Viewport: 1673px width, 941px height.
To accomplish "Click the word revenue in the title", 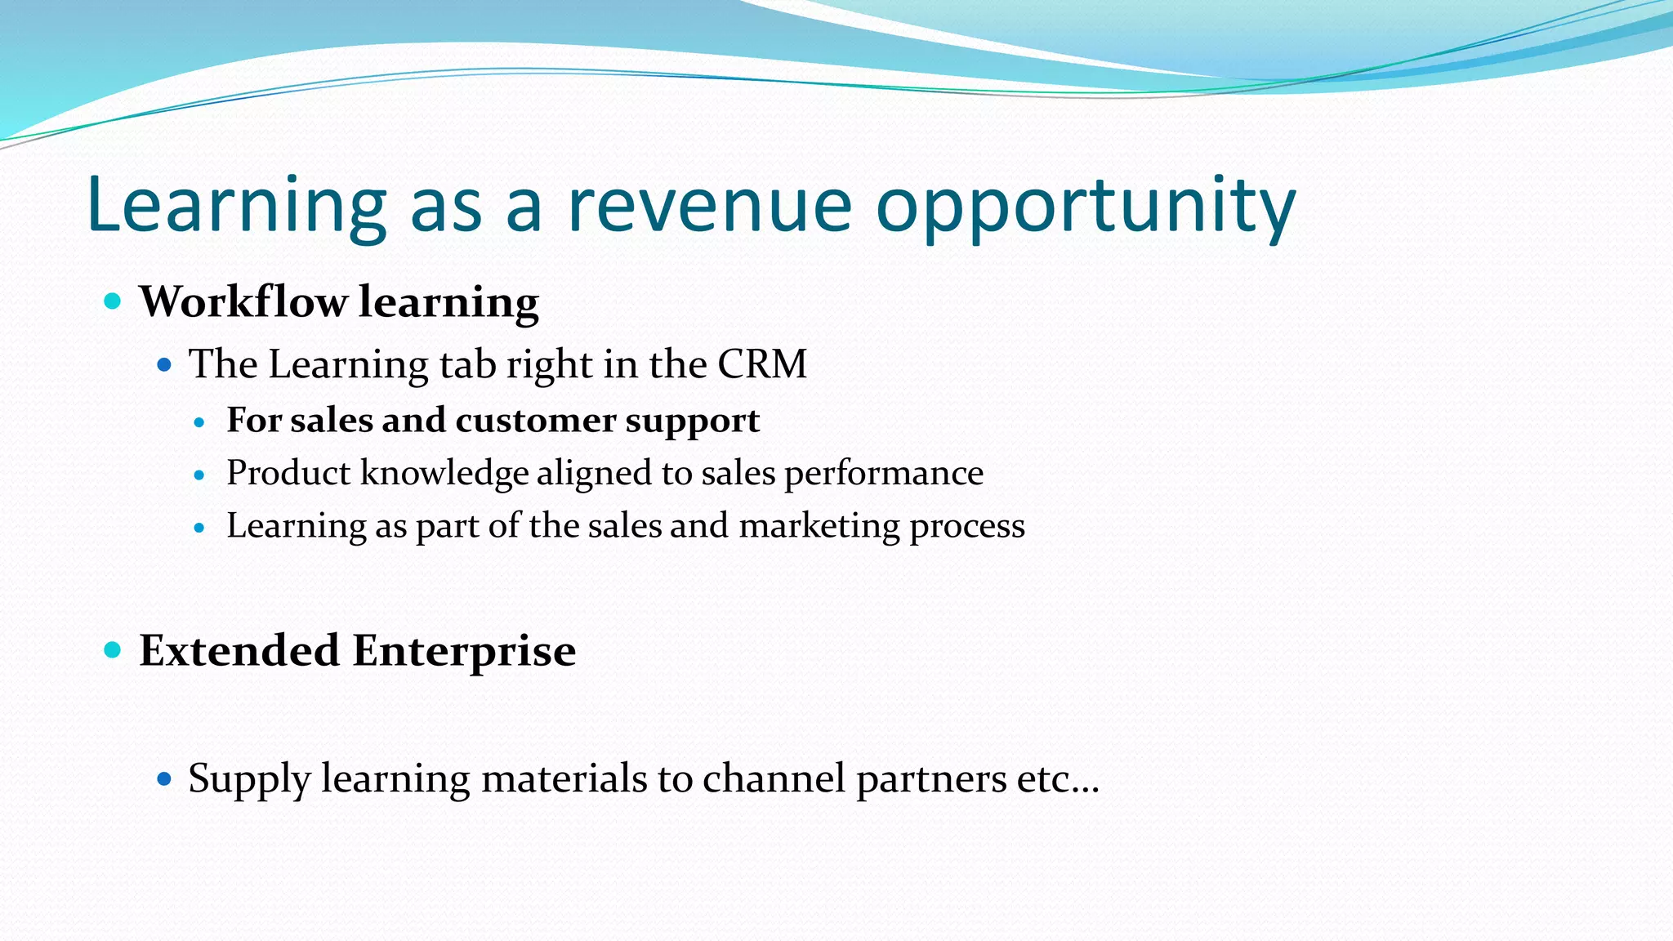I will tap(709, 206).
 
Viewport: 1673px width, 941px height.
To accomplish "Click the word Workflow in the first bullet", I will tap(243, 301).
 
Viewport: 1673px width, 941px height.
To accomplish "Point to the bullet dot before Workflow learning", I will tap(114, 301).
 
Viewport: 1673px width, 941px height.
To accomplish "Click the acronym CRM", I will tap(762, 364).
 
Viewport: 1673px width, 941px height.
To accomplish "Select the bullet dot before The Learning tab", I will tap(164, 364).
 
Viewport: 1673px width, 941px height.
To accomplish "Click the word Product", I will tap(288, 473).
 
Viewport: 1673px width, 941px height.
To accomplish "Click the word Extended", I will tap(239, 651).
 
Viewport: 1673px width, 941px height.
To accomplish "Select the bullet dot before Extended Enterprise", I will tap(114, 650).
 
